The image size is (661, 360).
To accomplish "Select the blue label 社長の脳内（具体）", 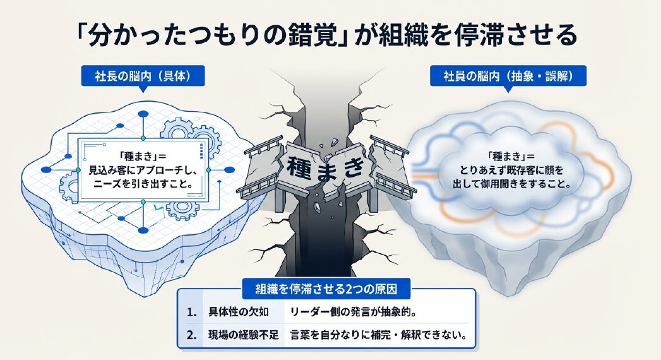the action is pyautogui.click(x=143, y=76).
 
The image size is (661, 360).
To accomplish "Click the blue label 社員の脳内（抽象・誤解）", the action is pyautogui.click(x=508, y=76).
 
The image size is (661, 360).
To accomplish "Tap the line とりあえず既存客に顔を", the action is pyautogui.click(x=511, y=171).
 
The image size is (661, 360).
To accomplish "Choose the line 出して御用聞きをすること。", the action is pyautogui.click(x=511, y=184).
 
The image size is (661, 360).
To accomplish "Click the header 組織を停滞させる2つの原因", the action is pyautogui.click(x=326, y=290).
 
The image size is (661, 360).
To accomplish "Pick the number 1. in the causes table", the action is pyautogui.click(x=192, y=313).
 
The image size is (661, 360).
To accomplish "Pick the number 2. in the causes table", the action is pyautogui.click(x=192, y=335).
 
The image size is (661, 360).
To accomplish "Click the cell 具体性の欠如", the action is pyautogui.click(x=238, y=313).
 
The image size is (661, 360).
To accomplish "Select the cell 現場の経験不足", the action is pyautogui.click(x=244, y=335).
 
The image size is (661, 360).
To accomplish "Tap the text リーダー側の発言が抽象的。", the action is pyautogui.click(x=354, y=313).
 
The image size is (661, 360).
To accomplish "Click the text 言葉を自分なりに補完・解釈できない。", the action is pyautogui.click(x=379, y=335).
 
